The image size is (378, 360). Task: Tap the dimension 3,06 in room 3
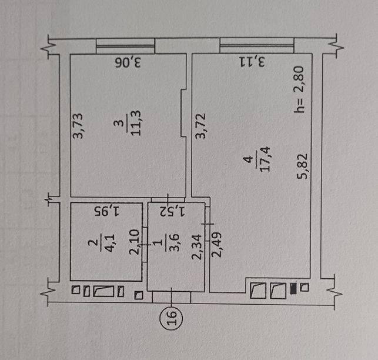click(x=128, y=63)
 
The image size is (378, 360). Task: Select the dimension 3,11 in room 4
click(x=252, y=62)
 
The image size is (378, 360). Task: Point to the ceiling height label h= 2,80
click(x=299, y=89)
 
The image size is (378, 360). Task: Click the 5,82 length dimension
click(x=302, y=166)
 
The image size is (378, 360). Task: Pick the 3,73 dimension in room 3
click(x=78, y=126)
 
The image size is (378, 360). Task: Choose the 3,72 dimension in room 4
click(x=200, y=126)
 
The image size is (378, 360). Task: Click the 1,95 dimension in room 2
click(x=106, y=211)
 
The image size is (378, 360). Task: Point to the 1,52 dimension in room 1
click(x=172, y=211)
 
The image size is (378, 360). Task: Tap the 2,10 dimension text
click(x=135, y=242)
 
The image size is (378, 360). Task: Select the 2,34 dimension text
click(x=196, y=247)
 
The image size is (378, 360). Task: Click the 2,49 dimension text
click(x=216, y=244)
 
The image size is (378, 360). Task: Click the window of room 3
click(x=125, y=46)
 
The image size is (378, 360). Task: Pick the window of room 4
click(x=257, y=45)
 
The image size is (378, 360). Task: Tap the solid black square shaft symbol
click(x=293, y=289)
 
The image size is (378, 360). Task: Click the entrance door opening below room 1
click(x=172, y=297)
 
